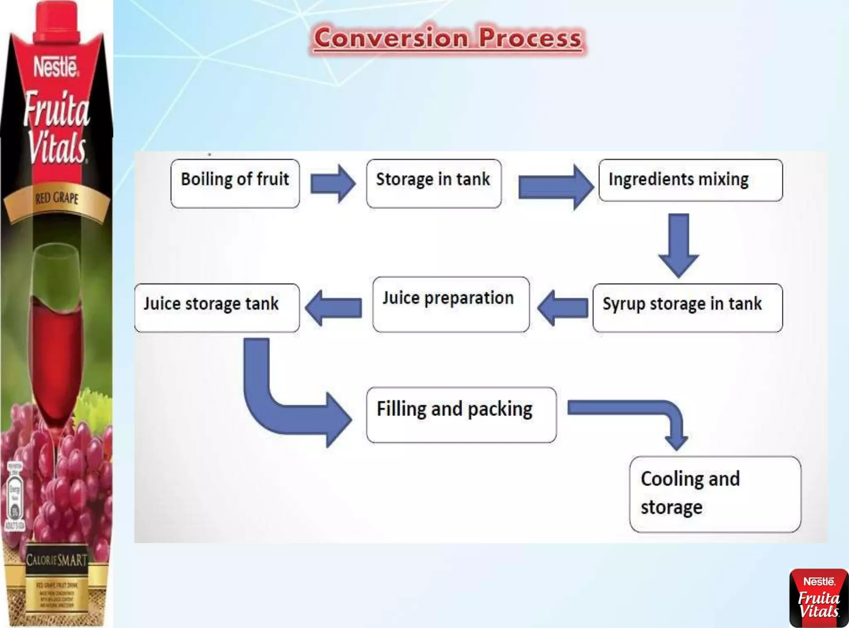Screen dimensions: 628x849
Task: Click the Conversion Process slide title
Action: click(x=448, y=39)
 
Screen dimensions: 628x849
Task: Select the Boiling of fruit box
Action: click(x=235, y=183)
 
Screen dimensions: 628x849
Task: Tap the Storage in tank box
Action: click(x=434, y=183)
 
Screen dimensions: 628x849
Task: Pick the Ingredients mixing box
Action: click(x=690, y=180)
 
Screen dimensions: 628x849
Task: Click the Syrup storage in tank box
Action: click(x=687, y=307)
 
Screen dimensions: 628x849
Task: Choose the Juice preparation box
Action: click(x=451, y=304)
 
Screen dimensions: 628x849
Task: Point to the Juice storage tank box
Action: click(x=217, y=307)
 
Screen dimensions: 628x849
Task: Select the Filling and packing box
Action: click(x=461, y=415)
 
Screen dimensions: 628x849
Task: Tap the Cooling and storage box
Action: click(x=715, y=494)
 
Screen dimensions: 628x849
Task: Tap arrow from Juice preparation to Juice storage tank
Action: click(x=333, y=308)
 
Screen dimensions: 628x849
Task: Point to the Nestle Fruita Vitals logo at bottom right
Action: click(x=819, y=597)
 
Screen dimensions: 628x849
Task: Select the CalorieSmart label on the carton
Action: click(x=57, y=560)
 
